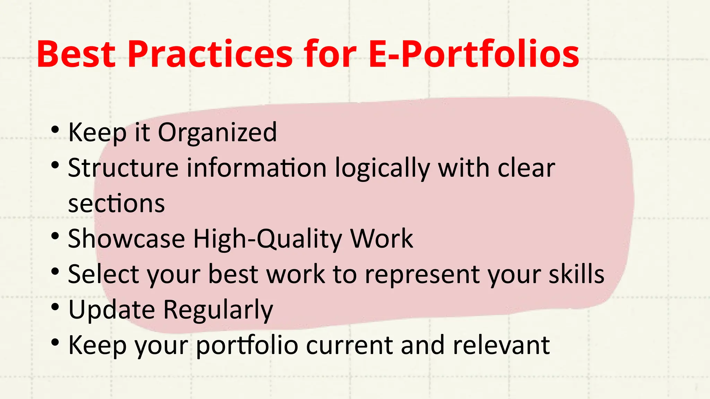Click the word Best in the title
(76, 54)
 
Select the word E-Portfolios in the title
(474, 54)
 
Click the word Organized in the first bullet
(217, 133)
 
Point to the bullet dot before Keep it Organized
(55, 130)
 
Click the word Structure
(123, 168)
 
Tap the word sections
(116, 204)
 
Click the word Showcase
(127, 239)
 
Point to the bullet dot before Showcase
(55, 237)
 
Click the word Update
(112, 310)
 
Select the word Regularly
(218, 310)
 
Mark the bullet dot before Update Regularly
(55, 307)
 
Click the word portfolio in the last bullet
(247, 346)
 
